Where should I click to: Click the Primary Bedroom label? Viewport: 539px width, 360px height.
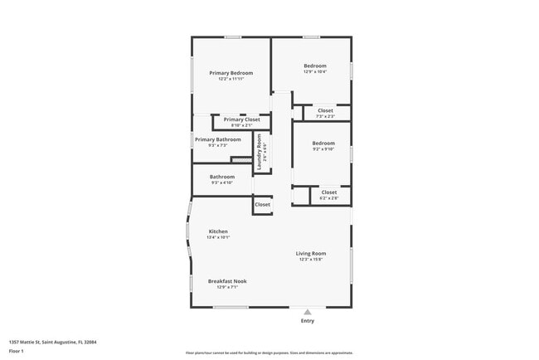coord(231,73)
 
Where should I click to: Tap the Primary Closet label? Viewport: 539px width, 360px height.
coord(241,119)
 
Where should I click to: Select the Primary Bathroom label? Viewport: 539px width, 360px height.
coord(217,139)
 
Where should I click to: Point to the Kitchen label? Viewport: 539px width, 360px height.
coord(218,231)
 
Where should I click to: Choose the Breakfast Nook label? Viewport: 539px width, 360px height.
coord(226,281)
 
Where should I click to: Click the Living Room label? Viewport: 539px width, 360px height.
coord(312,253)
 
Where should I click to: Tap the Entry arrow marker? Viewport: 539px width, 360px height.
coord(308,312)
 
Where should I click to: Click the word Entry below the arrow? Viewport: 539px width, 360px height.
coord(308,321)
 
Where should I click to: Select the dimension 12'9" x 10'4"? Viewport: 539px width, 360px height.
coord(314,72)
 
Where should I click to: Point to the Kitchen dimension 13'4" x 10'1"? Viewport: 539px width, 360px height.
coord(218,237)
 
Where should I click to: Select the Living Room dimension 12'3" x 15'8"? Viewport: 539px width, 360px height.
coord(312,259)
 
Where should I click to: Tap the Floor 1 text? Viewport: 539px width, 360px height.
coord(17,351)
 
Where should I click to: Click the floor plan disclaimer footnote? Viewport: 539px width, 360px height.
coord(269,352)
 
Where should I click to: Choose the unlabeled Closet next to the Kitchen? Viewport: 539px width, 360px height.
coord(262,204)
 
